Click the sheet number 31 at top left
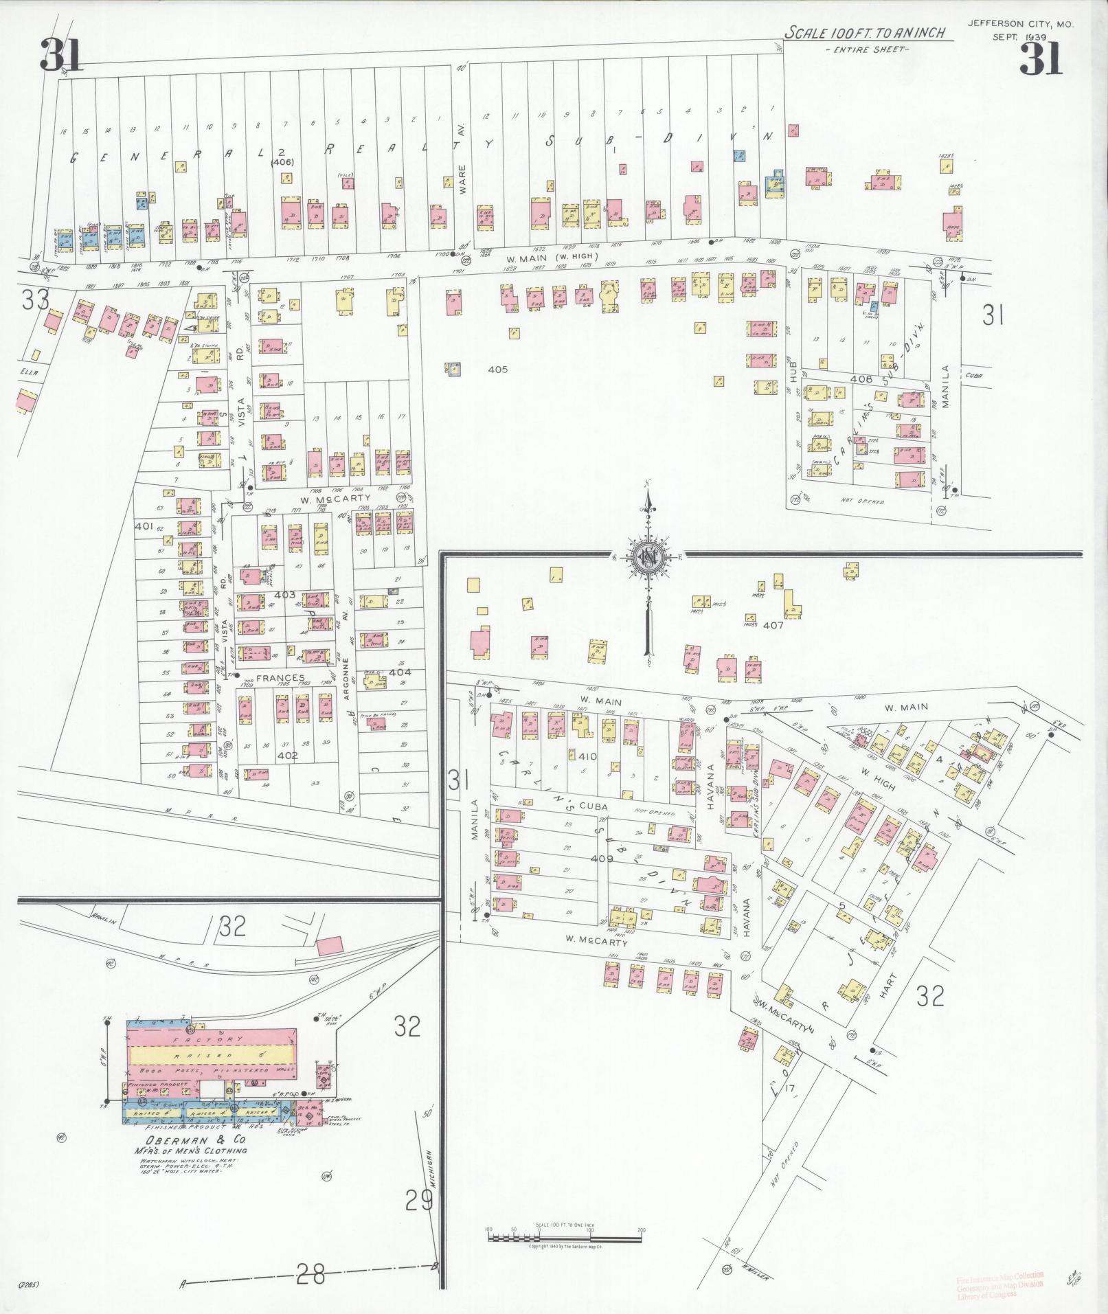tap(61, 55)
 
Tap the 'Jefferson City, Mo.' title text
tap(1019, 23)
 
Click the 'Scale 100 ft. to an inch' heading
tap(866, 33)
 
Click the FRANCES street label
tap(280, 678)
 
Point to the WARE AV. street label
tap(462, 159)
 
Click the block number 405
tap(497, 370)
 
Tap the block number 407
tap(773, 625)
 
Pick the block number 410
tap(587, 757)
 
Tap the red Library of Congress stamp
tap(999, 1283)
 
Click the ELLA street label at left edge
tap(29, 372)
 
